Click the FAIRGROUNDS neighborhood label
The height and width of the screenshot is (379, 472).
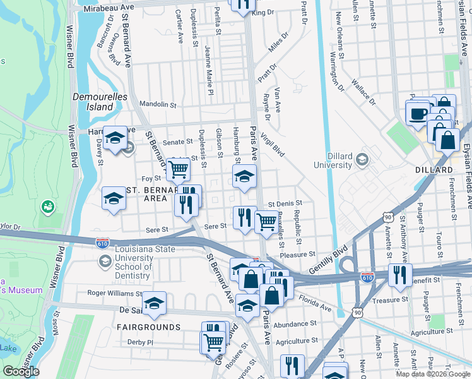(148, 327)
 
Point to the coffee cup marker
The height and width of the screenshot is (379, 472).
(418, 114)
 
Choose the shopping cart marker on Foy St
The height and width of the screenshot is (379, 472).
(179, 169)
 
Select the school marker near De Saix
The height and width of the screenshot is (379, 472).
(154, 304)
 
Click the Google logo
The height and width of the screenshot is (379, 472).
(21, 371)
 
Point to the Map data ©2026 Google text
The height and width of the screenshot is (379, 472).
(432, 374)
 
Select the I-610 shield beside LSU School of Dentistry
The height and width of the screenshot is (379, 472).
(102, 242)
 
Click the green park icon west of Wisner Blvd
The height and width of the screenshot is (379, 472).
(47, 207)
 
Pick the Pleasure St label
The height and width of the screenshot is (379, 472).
(297, 255)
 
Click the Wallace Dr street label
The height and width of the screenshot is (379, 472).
(363, 92)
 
